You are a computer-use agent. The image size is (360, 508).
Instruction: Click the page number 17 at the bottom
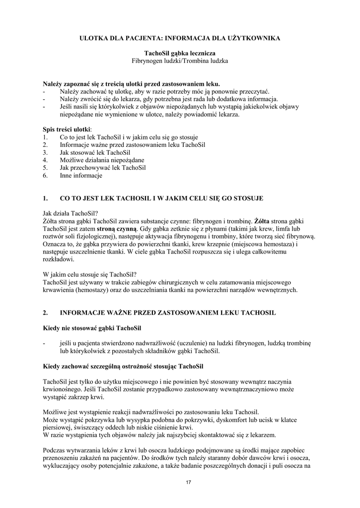(x=188, y=482)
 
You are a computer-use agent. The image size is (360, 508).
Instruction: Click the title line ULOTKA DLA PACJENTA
(x=180, y=38)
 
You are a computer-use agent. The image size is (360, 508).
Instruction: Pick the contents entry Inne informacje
(x=81, y=176)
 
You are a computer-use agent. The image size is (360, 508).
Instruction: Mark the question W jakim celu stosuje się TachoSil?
(x=90, y=274)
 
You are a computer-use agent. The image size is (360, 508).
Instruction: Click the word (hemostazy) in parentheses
(x=91, y=290)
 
